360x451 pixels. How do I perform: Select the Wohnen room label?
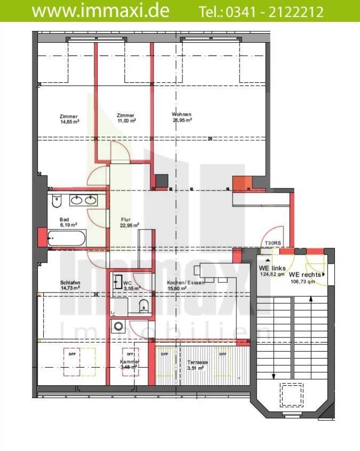[x=181, y=115]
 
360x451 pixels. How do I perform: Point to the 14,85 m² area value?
[x=70, y=121]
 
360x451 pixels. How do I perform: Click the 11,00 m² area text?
[x=126, y=121]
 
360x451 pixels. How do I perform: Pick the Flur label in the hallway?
[x=126, y=219]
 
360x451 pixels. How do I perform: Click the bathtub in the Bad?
[x=66, y=238]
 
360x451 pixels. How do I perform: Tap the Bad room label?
[x=65, y=219]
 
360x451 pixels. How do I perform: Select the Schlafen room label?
[x=70, y=282]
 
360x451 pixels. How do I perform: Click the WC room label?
[x=127, y=283]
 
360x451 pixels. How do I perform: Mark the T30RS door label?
[x=273, y=243]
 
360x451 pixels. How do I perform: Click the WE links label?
[x=272, y=268]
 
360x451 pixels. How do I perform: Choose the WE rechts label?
[x=306, y=274]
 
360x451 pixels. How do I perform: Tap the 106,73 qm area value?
[x=303, y=281]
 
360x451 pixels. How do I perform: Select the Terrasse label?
[x=197, y=362]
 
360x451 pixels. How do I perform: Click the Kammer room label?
[x=130, y=362]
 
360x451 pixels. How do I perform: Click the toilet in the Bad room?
[x=57, y=201]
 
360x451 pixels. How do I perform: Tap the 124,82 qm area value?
[x=273, y=274]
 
